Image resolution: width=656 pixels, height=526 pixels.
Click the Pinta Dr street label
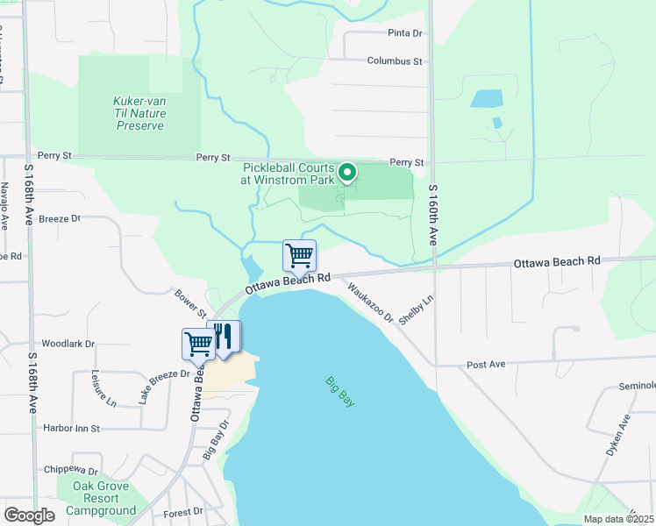pyautogui.click(x=404, y=33)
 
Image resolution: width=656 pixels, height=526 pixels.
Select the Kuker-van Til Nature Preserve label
pyautogui.click(x=139, y=114)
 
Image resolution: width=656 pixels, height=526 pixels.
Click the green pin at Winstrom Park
pyautogui.click(x=347, y=173)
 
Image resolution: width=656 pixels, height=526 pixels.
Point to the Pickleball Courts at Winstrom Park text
pyautogui.click(x=288, y=174)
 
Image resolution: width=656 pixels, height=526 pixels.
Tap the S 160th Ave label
pyautogui.click(x=432, y=216)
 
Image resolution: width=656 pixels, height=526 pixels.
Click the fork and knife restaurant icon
pyautogui.click(x=225, y=337)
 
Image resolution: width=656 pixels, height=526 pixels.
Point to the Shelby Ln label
pyautogui.click(x=416, y=309)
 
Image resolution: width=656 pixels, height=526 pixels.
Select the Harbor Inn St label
pyautogui.click(x=71, y=429)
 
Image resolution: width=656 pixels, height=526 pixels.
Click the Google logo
pyautogui.click(x=29, y=515)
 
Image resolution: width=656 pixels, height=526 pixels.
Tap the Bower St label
pyautogui.click(x=189, y=304)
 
